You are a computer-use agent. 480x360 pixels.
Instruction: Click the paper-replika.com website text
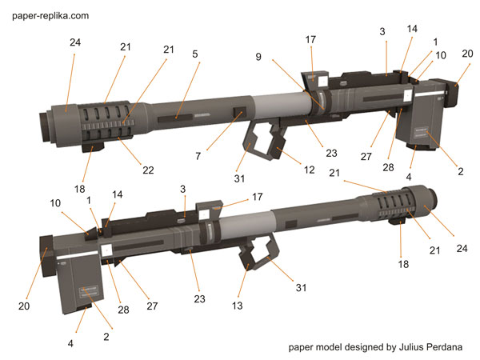[50, 15]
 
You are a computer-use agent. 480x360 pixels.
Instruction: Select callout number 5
[194, 54]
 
